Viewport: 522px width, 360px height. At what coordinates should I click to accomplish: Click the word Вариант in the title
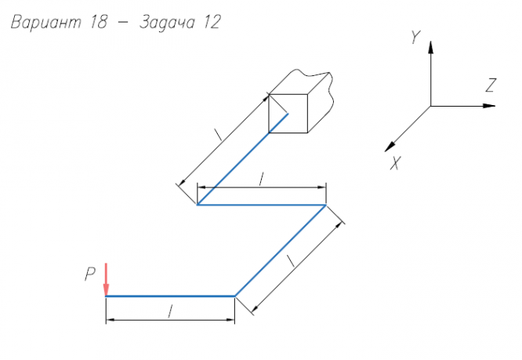[x=46, y=23]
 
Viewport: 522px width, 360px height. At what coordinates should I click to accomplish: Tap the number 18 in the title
[x=99, y=22]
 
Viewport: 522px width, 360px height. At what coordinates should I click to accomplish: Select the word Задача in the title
[x=167, y=23]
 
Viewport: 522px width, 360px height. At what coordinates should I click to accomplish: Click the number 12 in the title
[x=212, y=22]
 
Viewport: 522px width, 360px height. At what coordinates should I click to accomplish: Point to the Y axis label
[x=415, y=37]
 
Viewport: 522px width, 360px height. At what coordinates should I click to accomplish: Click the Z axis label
[x=491, y=85]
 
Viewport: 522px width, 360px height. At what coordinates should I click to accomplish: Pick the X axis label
[x=396, y=163]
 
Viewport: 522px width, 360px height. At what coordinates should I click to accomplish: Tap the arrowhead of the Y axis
[x=431, y=47]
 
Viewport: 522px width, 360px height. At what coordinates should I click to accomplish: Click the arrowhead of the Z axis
[x=489, y=106]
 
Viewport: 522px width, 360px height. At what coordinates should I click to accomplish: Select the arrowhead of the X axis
[x=390, y=147]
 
